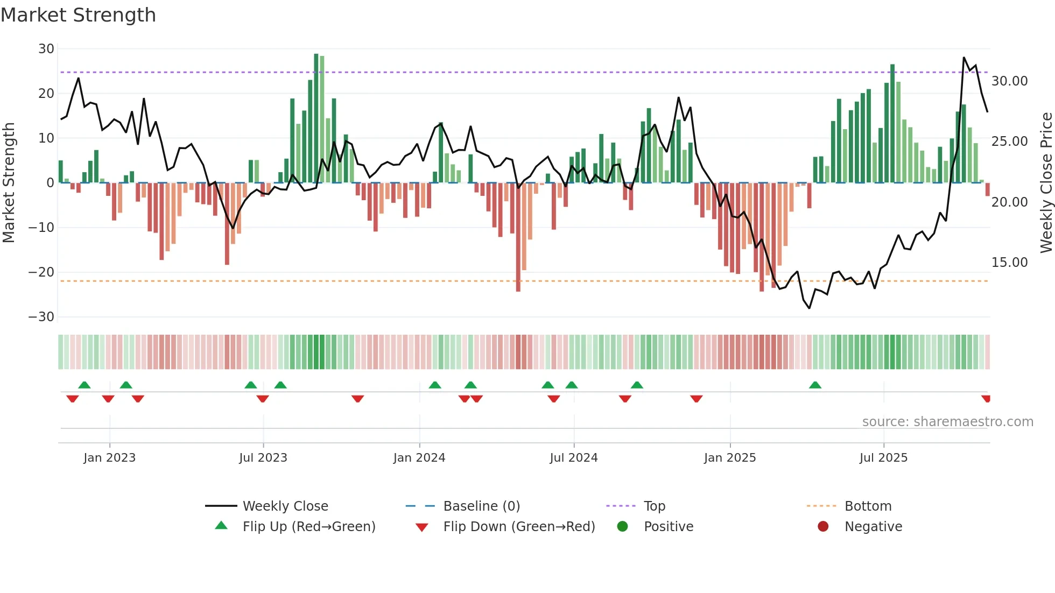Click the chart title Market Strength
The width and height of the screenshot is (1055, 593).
pyautogui.click(x=78, y=15)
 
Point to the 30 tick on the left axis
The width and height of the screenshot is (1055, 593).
pyautogui.click(x=46, y=49)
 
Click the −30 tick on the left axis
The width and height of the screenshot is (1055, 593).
pyautogui.click(x=41, y=317)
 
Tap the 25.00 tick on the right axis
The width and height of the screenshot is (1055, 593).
pyautogui.click(x=1009, y=142)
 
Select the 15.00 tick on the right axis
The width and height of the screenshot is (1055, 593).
pyautogui.click(x=1009, y=263)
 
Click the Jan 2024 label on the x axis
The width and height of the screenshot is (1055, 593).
pyautogui.click(x=419, y=458)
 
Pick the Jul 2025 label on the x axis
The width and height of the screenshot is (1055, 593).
pyautogui.click(x=883, y=458)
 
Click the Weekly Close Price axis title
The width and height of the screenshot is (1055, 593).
pyautogui.click(x=1046, y=182)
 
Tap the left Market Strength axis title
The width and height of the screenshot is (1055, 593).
pyautogui.click(x=9, y=182)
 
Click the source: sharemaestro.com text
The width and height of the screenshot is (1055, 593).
pyautogui.click(x=947, y=422)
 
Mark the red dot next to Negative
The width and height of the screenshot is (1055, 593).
pyautogui.click(x=823, y=527)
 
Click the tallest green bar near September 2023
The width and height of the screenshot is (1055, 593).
pyautogui.click(x=316, y=118)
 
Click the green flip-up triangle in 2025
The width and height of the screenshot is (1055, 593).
pyautogui.click(x=815, y=385)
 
